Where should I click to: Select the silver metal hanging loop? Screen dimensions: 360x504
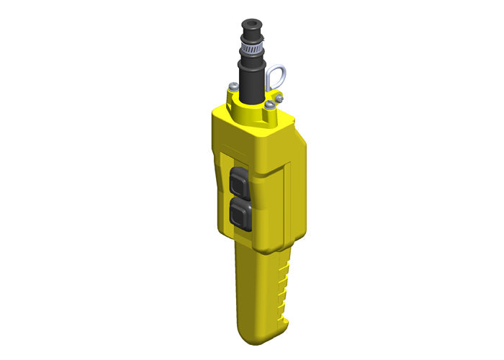(279, 74)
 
